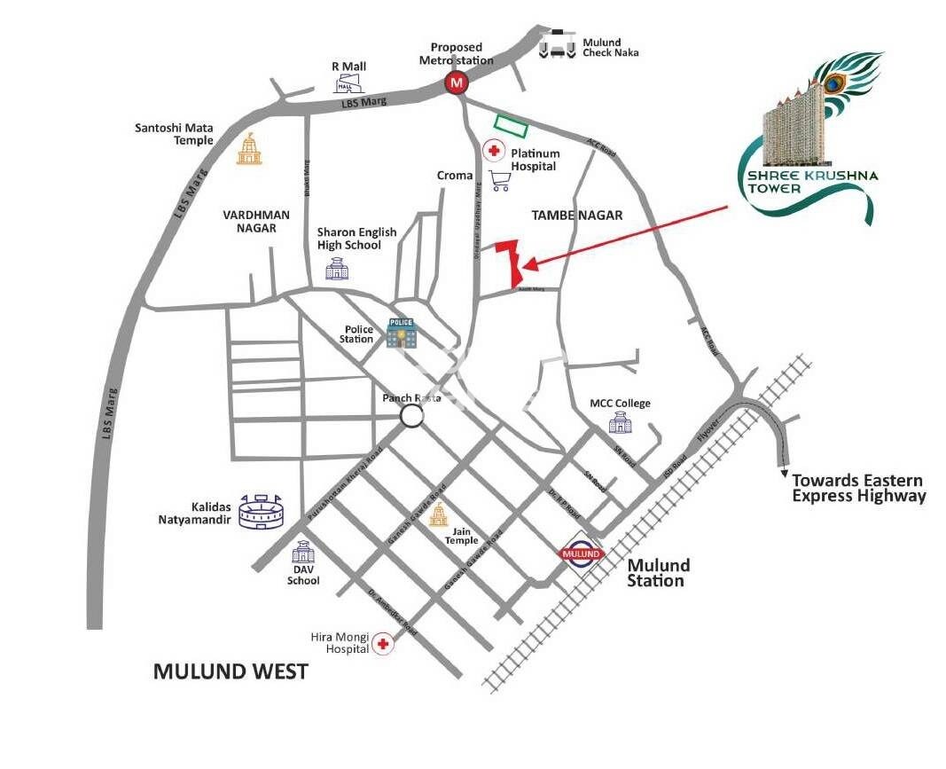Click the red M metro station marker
point(457,84)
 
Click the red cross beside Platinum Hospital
point(493,151)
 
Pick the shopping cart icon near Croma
point(500,180)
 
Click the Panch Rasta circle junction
point(411,415)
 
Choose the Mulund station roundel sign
point(582,553)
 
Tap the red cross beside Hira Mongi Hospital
point(383,645)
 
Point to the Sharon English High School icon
point(337,268)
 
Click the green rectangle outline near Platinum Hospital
point(511,127)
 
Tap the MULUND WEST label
point(231,671)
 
